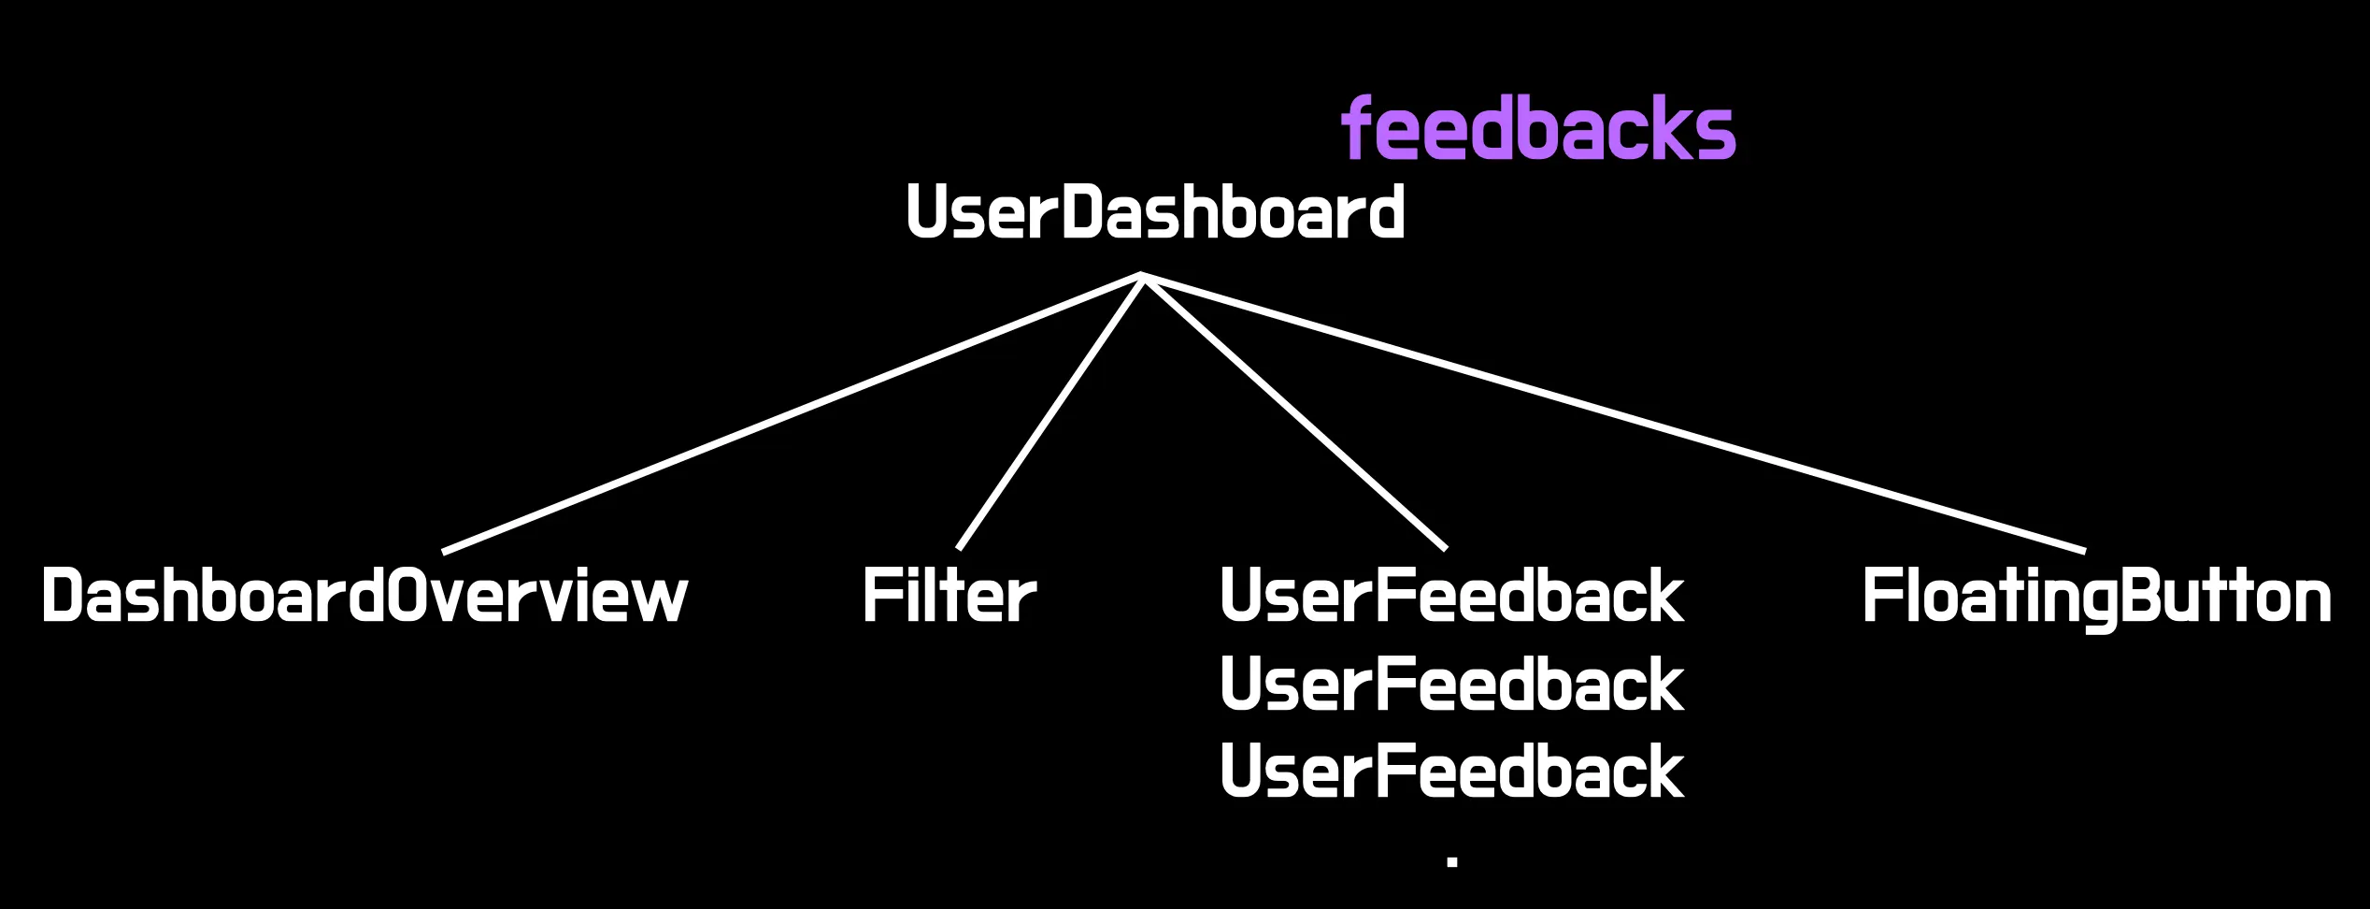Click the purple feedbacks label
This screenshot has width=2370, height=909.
(1538, 128)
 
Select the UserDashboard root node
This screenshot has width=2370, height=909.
(1156, 212)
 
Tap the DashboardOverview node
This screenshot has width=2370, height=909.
(364, 596)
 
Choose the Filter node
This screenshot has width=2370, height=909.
(949, 596)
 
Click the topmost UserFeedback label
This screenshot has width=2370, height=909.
(1452, 596)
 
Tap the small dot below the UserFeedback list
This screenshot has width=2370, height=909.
(1452, 860)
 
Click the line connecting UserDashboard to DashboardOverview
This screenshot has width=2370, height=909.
(792, 412)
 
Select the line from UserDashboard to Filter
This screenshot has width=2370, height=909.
(1050, 411)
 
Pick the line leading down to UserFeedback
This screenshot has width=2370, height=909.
(1294, 411)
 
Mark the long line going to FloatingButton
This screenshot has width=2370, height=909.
(1614, 412)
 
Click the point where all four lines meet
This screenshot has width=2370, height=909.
(1142, 275)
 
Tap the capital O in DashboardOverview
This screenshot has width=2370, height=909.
(405, 596)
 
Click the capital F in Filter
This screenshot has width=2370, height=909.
(880, 596)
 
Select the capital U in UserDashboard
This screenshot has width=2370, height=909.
(926, 212)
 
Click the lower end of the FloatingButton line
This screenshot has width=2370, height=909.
(2085, 552)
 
